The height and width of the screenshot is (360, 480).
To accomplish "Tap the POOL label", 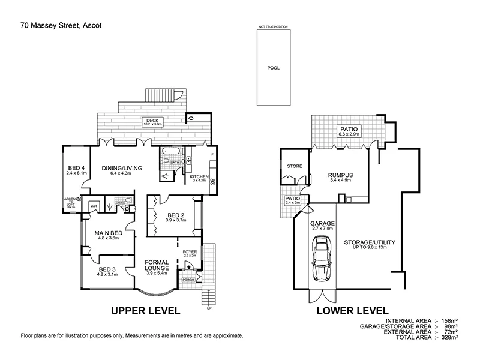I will [x=273, y=68].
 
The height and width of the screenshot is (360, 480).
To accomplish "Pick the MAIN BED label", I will [x=109, y=234].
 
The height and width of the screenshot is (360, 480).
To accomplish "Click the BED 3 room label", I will [x=109, y=271].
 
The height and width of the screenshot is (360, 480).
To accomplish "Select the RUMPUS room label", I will [x=339, y=176].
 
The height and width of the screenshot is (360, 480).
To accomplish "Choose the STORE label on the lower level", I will [x=295, y=166].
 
